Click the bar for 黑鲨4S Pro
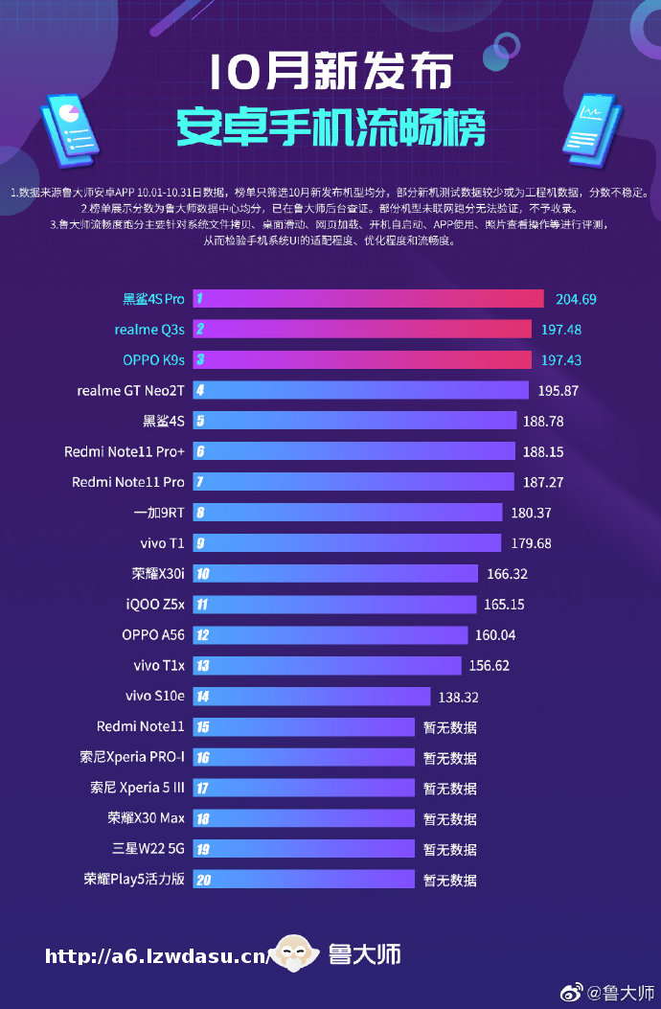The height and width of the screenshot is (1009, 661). point(369,299)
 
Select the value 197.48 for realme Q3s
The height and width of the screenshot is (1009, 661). point(563,330)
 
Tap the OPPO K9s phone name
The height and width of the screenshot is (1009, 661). point(153,360)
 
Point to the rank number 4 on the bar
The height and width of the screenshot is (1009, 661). point(200,391)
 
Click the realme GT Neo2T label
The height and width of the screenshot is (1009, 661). point(130,391)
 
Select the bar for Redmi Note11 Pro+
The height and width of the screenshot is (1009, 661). point(354,451)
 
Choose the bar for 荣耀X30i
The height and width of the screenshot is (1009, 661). point(335,574)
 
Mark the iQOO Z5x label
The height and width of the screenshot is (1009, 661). point(155,605)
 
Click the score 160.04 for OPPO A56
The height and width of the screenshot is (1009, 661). point(494,635)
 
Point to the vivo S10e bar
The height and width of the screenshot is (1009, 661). point(312,697)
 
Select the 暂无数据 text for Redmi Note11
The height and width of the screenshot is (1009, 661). point(450,727)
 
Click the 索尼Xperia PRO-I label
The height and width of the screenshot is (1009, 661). point(132,758)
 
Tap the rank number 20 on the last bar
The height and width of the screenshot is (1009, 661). point(202,880)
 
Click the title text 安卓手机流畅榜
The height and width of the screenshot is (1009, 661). point(330,127)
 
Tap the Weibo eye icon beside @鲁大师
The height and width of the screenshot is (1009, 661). point(571,993)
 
